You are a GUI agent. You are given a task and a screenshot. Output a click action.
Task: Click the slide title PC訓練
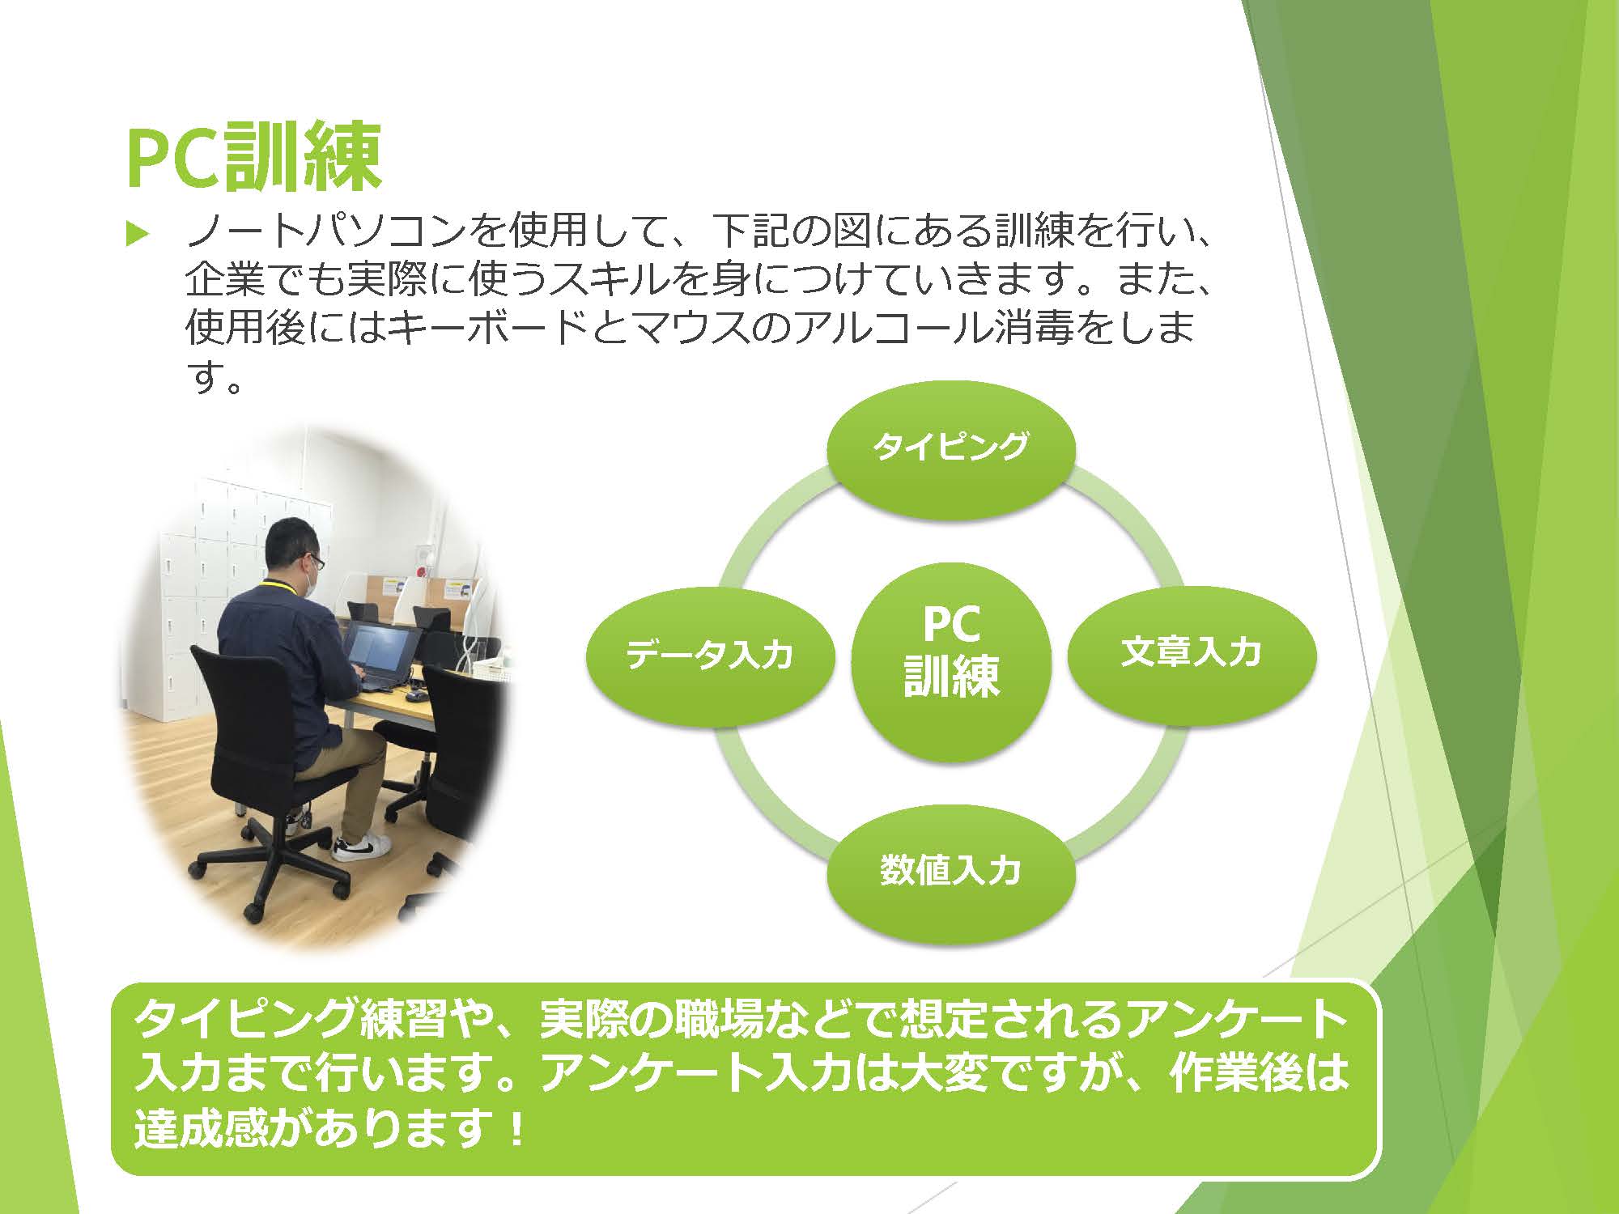[x=253, y=157]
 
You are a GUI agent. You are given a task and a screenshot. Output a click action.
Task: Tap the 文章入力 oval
[x=1192, y=652]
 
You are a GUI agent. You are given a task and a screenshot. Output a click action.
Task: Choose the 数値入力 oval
[x=951, y=870]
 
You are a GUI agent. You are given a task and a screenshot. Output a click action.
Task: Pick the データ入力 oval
[x=710, y=654]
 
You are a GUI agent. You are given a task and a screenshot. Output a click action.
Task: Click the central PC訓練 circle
[x=951, y=662]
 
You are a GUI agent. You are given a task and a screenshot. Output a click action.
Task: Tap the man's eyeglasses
[x=313, y=560]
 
